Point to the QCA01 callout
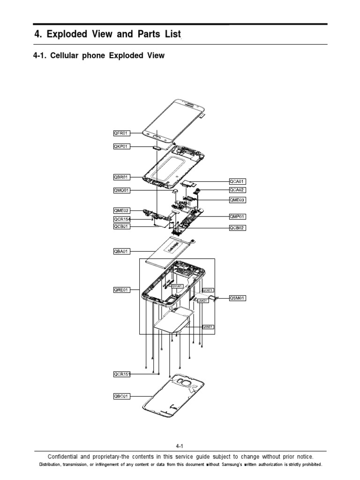[238, 181]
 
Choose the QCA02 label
[238, 190]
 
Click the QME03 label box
[238, 200]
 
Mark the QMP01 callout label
[238, 217]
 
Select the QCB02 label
[238, 228]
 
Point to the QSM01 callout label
[238, 298]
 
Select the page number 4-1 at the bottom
[180, 446]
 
